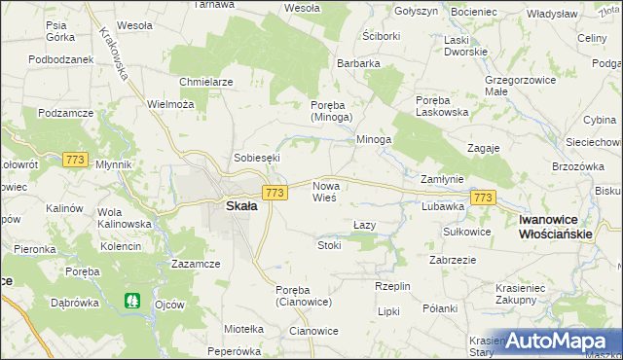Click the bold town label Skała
point(241,205)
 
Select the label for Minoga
point(374,139)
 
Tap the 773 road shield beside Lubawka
point(483,198)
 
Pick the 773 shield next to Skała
point(275,194)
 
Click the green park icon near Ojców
point(133,304)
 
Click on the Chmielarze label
point(205,82)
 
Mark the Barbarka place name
point(358,64)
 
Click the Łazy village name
point(364,225)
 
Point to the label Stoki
point(329,246)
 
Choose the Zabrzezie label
point(453,260)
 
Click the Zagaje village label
point(483,147)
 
